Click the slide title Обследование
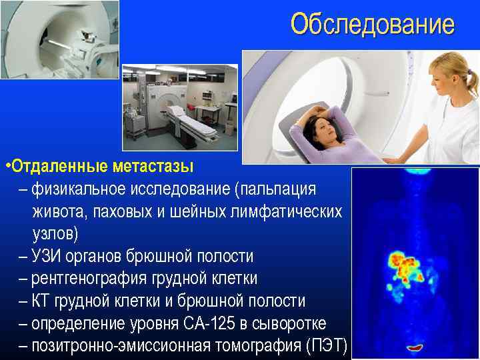point(372,25)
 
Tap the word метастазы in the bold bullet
point(150,165)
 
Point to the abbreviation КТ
point(39,301)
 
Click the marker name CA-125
point(234,323)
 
